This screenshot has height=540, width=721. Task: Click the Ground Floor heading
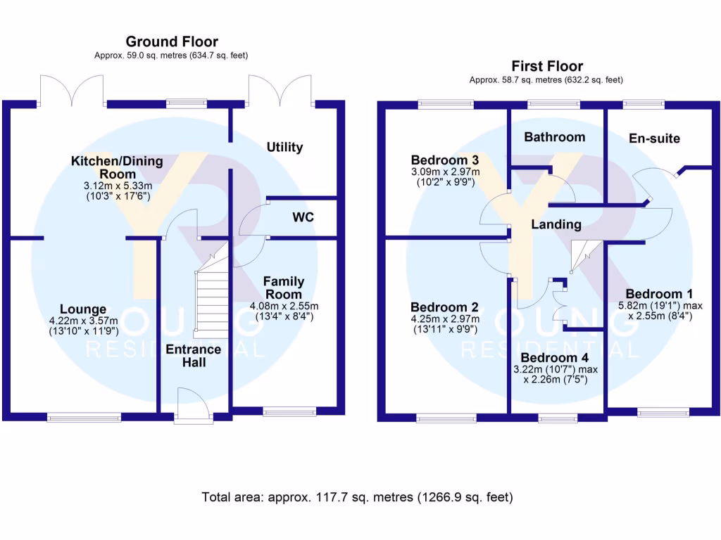tap(172, 41)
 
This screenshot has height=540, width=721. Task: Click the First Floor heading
tap(547, 66)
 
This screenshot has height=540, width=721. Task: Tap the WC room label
tap(303, 217)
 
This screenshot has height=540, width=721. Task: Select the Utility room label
tap(284, 147)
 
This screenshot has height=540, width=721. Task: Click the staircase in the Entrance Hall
tap(212, 289)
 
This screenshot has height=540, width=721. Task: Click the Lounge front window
tap(84, 417)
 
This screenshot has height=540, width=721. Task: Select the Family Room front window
tap(289, 411)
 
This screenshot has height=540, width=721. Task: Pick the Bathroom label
tap(555, 137)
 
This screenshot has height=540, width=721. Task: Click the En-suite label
tap(654, 139)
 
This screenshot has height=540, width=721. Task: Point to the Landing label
tap(556, 224)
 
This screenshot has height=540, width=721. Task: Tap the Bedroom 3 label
tap(445, 160)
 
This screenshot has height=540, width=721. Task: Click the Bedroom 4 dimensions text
tap(556, 374)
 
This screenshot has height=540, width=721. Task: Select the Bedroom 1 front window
tap(663, 412)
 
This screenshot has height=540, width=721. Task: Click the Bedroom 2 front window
tap(446, 418)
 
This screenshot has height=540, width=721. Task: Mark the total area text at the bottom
tap(357, 497)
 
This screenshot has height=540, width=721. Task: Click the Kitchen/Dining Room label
tap(118, 167)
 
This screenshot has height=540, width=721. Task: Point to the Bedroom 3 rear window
tap(446, 105)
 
